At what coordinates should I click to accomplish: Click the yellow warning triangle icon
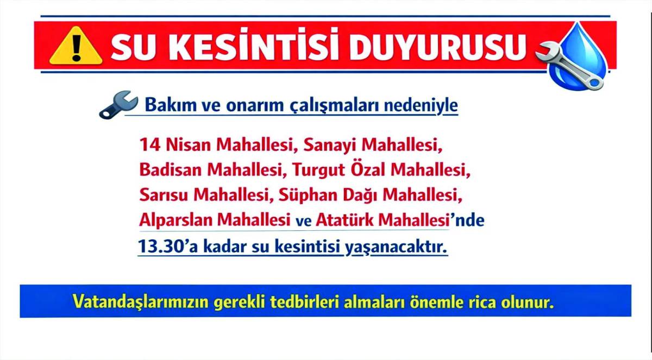pos(76,46)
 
